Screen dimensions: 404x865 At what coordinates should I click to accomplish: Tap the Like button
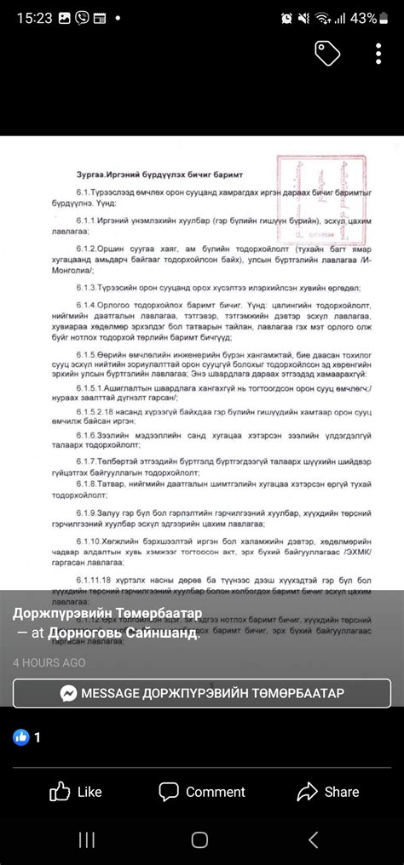click(76, 792)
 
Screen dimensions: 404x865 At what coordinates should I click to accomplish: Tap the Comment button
click(203, 792)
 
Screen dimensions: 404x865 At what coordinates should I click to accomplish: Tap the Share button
click(328, 792)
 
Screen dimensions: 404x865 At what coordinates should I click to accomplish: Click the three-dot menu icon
click(378, 53)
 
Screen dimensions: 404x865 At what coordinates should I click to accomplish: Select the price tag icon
click(327, 53)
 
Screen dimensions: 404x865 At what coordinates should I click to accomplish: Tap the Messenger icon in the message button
click(69, 693)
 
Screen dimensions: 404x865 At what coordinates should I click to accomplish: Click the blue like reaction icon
click(21, 737)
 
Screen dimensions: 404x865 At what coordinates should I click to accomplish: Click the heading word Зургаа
click(93, 173)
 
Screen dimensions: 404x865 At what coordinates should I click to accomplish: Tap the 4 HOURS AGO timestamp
click(49, 662)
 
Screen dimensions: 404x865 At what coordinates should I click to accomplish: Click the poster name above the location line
click(107, 615)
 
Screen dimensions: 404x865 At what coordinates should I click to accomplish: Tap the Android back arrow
click(313, 840)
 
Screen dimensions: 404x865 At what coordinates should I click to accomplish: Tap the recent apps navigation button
click(87, 840)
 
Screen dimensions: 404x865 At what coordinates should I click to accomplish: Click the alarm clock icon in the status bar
click(287, 18)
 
